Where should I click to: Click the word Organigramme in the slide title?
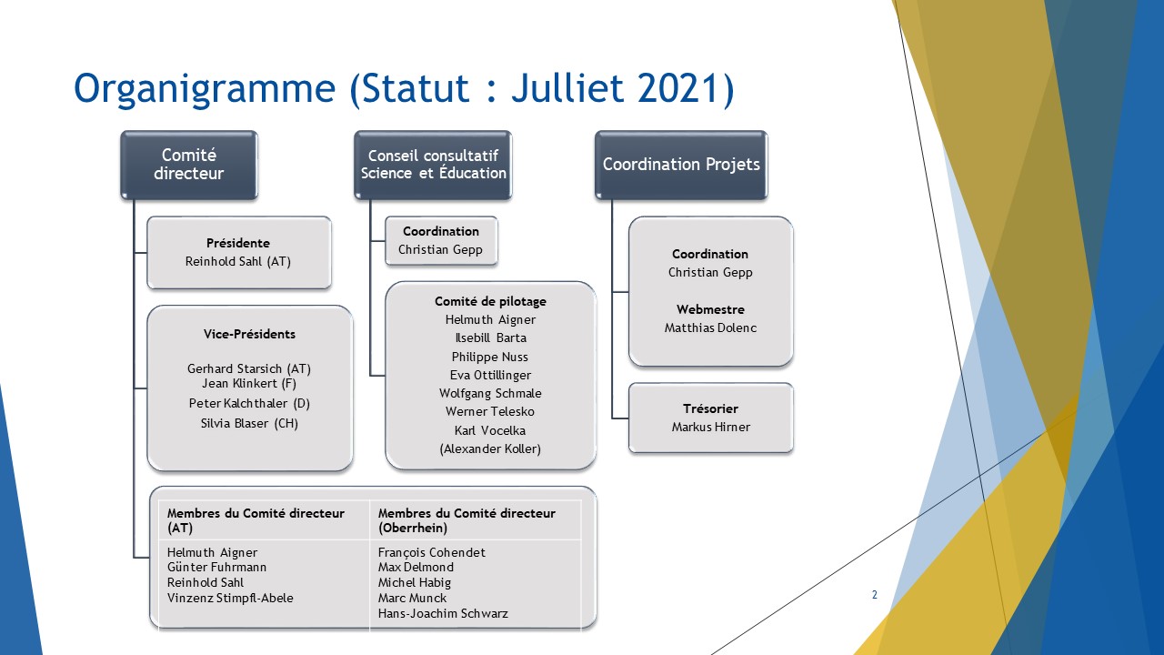205,89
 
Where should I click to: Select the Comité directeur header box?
189,165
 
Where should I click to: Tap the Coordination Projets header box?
681,165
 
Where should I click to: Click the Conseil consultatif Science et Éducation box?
433,165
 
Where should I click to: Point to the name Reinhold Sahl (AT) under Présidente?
238,261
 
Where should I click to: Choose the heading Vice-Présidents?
249,334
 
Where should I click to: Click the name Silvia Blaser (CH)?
249,423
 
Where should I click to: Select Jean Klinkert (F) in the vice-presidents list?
249,384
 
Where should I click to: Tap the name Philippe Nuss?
489,357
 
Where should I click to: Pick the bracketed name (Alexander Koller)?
490,448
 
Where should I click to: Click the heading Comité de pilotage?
490,301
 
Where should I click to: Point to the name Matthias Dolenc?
710,327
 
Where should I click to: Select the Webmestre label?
710,309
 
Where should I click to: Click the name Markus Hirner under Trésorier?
711,427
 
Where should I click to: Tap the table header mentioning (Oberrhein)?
467,520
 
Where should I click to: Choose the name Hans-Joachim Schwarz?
443,613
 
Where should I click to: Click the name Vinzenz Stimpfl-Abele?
230,598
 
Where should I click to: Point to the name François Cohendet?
431,552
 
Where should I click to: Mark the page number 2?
875,595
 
